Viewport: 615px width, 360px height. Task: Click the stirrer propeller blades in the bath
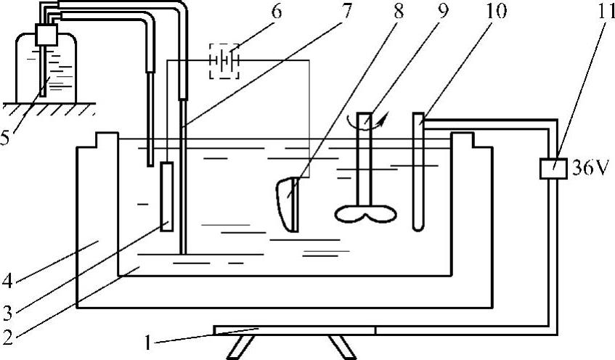[x=366, y=213]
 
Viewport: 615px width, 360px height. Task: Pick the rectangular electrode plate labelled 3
[x=167, y=196]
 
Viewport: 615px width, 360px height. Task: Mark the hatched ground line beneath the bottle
[x=48, y=107]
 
